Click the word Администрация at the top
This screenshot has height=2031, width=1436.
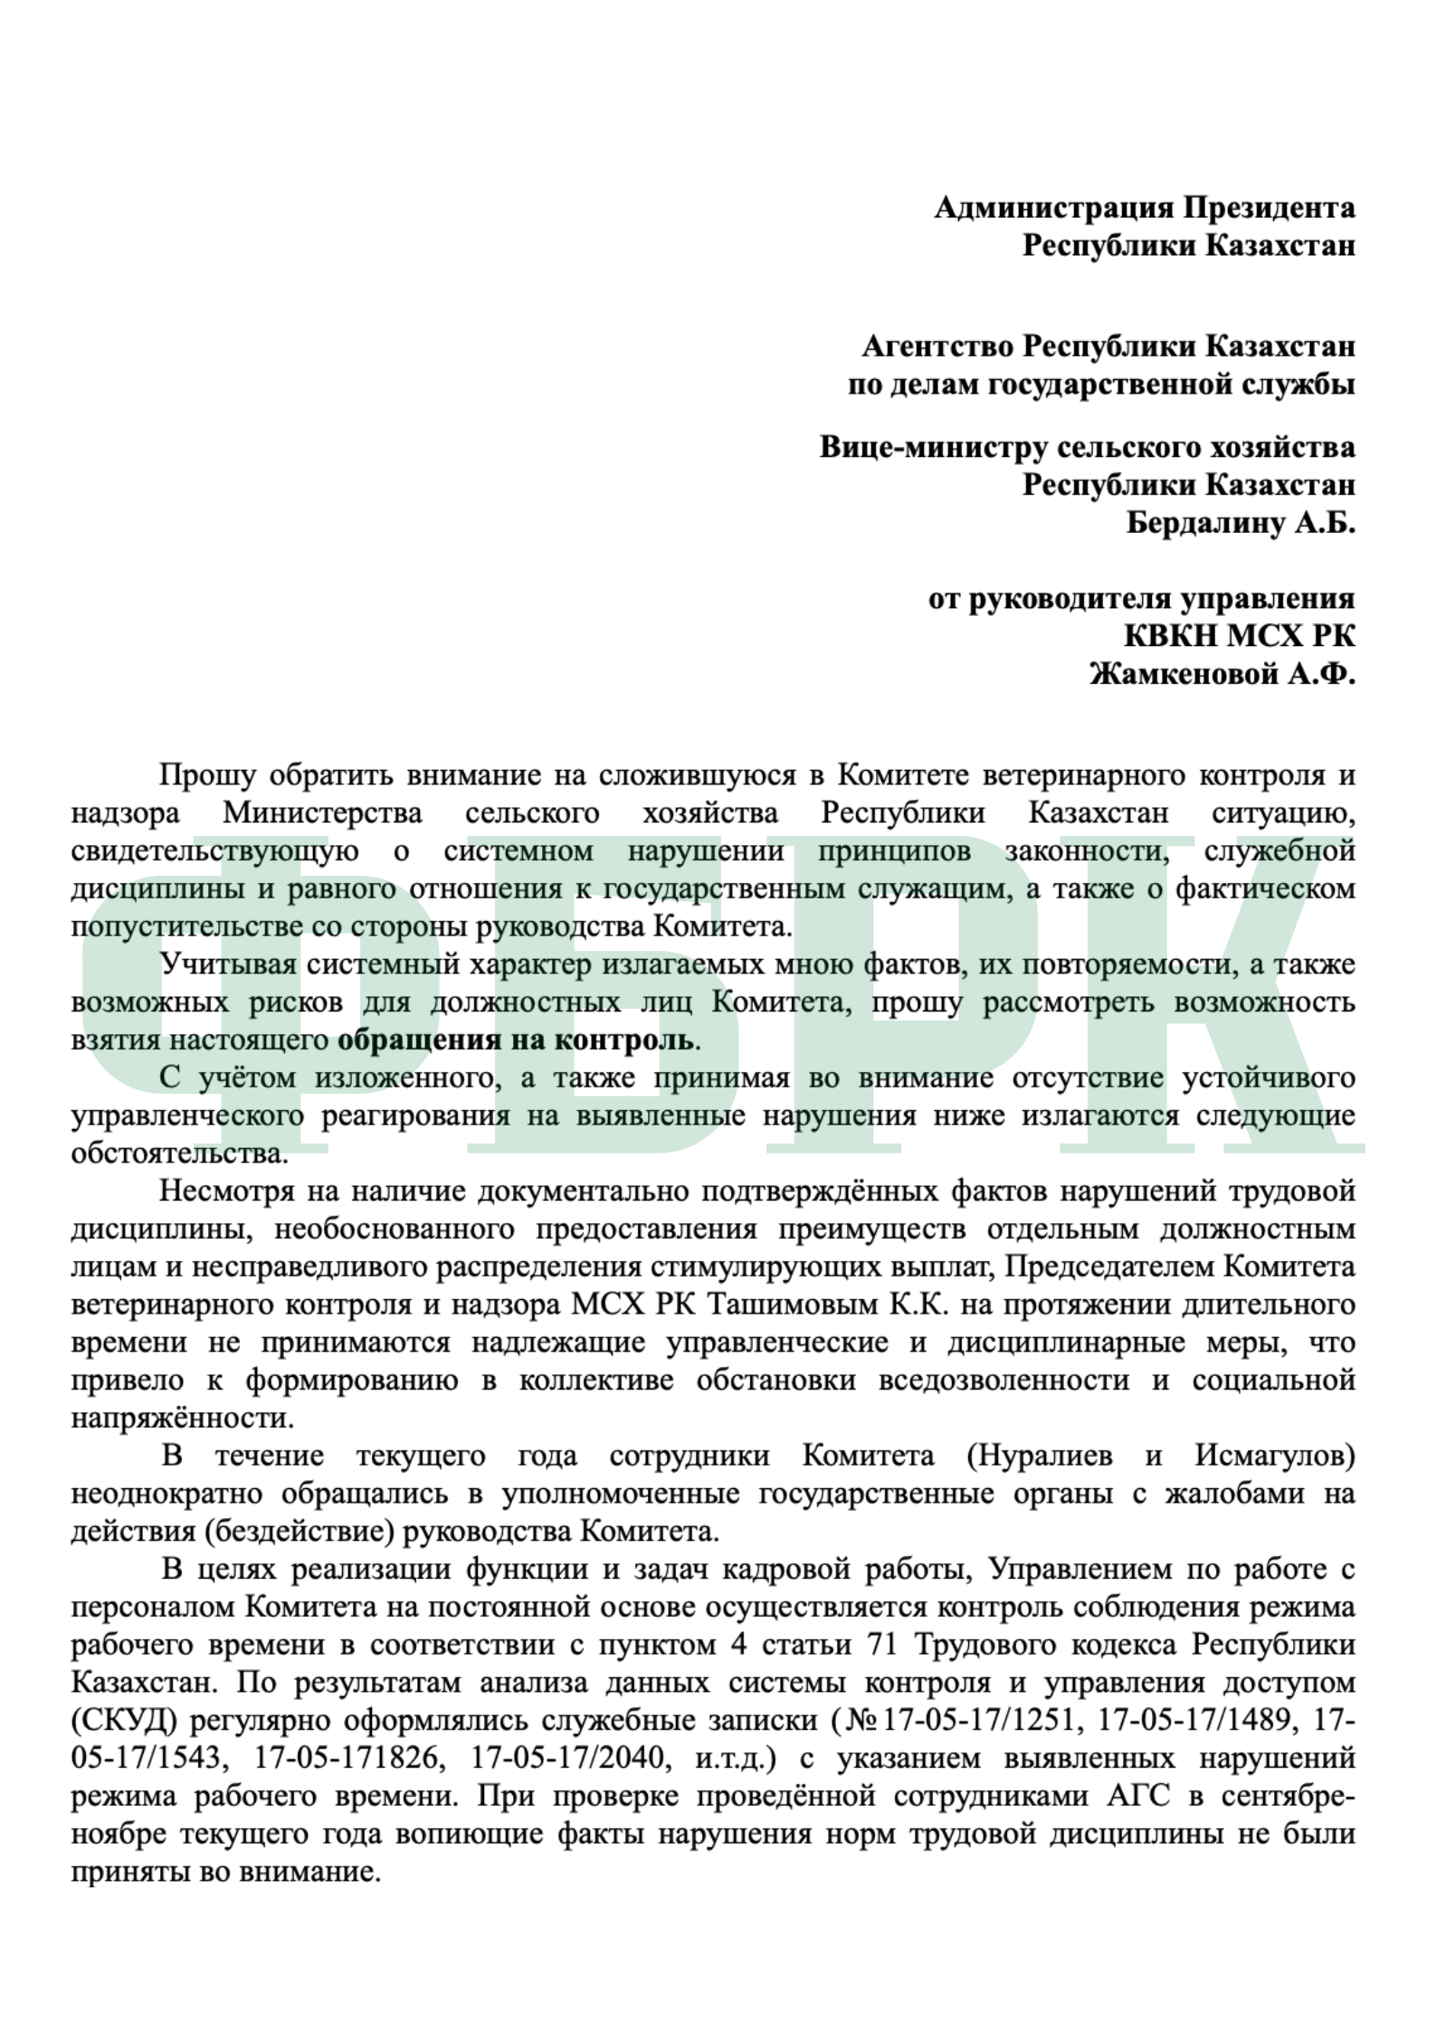click(1052, 208)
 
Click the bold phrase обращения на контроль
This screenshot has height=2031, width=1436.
click(516, 1039)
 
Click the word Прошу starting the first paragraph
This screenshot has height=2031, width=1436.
click(206, 775)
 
